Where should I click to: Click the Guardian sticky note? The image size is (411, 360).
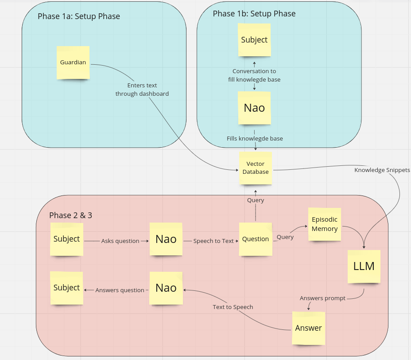pyautogui.click(x=73, y=63)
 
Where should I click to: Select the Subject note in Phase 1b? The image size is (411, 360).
pyautogui.click(x=254, y=40)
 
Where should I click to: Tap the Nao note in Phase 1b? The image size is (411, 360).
pyautogui.click(x=254, y=108)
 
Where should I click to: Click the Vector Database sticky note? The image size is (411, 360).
pyautogui.click(x=256, y=168)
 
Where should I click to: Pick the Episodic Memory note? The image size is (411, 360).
pyautogui.click(x=325, y=224)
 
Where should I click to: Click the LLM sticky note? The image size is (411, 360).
pyautogui.click(x=364, y=266)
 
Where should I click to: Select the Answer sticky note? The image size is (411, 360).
pyautogui.click(x=308, y=328)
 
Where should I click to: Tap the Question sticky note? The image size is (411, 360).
pyautogui.click(x=256, y=239)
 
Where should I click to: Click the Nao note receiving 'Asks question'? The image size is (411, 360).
pyautogui.click(x=166, y=239)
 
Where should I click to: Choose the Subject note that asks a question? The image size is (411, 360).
pyautogui.click(x=67, y=239)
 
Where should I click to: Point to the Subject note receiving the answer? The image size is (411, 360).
pyautogui.click(x=67, y=288)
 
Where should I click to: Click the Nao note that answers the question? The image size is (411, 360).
pyautogui.click(x=166, y=288)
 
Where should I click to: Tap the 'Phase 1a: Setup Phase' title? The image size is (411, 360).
pyautogui.click(x=79, y=17)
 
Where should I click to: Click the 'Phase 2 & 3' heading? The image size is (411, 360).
pyautogui.click(x=70, y=215)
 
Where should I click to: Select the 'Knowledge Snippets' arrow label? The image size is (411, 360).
pyautogui.click(x=382, y=170)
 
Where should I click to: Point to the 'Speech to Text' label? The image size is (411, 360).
pyautogui.click(x=213, y=241)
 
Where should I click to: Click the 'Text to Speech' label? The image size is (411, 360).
pyautogui.click(x=233, y=307)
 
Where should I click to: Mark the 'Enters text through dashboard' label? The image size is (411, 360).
pyautogui.click(x=142, y=90)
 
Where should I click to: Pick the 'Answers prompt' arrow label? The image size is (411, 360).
pyautogui.click(x=322, y=298)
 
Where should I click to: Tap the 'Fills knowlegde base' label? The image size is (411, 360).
pyautogui.click(x=255, y=139)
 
